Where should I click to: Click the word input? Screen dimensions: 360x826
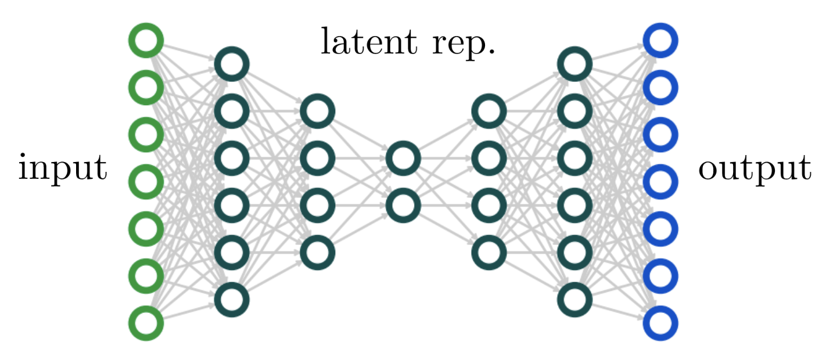(x=63, y=168)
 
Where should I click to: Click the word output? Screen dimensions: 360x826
(x=754, y=169)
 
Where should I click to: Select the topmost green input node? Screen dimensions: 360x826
(x=146, y=41)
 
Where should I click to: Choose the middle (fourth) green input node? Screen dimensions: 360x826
(x=146, y=182)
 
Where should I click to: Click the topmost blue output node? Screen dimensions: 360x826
(x=660, y=41)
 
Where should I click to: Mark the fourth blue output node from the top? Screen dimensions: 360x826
(x=660, y=182)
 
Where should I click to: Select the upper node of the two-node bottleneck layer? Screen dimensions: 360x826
(x=403, y=158)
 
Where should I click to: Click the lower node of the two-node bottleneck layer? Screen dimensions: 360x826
(x=403, y=205)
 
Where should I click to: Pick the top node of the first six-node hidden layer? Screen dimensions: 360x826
(x=232, y=64)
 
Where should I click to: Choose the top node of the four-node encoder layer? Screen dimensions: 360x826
(x=318, y=111)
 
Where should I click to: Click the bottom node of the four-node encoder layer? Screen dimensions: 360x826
(x=318, y=252)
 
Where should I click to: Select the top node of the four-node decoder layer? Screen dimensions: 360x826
(x=489, y=111)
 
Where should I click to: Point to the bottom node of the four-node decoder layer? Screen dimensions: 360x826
(x=489, y=252)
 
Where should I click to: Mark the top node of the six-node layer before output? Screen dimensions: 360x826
(x=574, y=64)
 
